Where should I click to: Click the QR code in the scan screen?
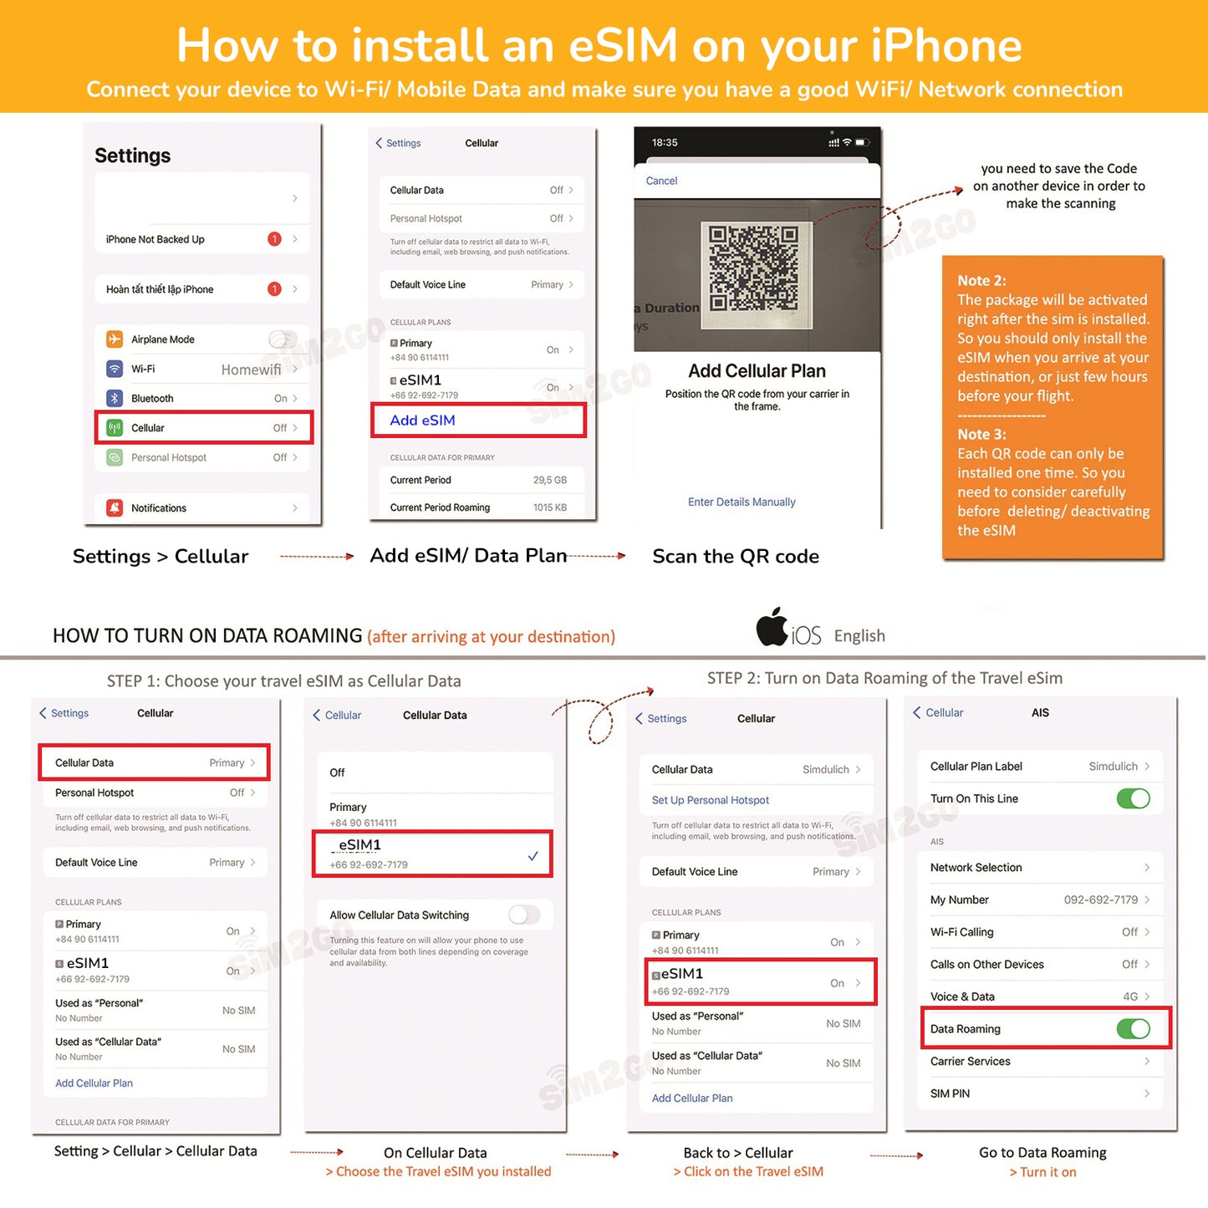pos(753,268)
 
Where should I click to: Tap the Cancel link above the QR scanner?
pos(661,181)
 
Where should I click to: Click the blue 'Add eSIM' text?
pos(423,421)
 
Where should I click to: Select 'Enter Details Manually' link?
pos(742,502)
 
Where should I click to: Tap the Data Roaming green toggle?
pos(1133,1029)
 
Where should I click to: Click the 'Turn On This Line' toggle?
pos(1133,798)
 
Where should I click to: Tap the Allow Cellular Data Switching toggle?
pos(524,915)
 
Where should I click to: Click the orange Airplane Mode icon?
pos(115,339)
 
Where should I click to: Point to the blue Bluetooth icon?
pos(115,399)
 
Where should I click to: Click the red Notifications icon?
pos(115,507)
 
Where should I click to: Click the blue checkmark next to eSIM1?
pos(533,856)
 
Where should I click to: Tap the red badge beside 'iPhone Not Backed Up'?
pos(274,239)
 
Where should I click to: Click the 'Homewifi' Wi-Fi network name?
pos(251,370)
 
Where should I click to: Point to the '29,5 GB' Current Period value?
pos(550,480)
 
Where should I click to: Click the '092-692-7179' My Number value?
pos(1100,900)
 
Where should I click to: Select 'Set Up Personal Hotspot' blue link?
pos(711,800)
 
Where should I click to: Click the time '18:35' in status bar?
pos(665,143)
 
